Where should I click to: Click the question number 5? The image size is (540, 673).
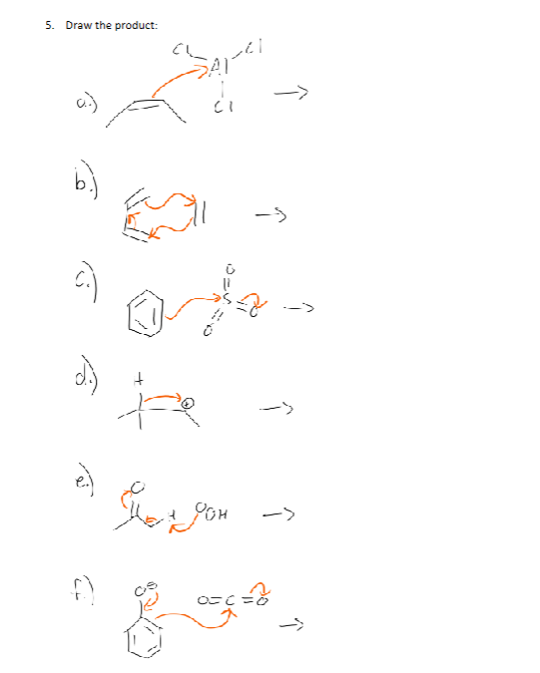[49, 25]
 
